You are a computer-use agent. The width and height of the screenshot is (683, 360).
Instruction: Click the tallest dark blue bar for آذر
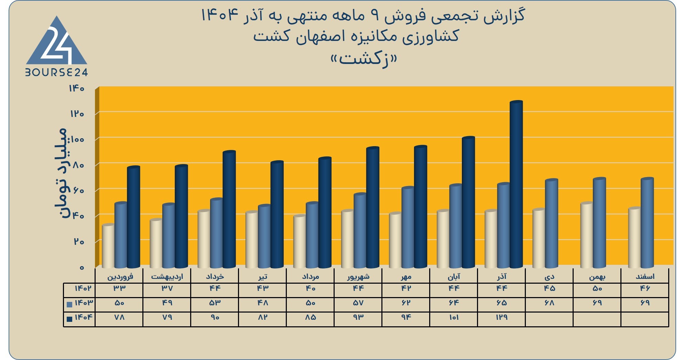pos(516,184)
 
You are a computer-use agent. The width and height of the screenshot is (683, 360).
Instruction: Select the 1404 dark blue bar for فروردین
pos(133,217)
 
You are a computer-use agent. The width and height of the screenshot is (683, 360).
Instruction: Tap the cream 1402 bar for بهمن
pos(586,235)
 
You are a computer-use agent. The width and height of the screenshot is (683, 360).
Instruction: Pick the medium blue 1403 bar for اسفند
pos(647,223)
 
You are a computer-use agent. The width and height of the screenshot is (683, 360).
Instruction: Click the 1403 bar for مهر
pos(408,227)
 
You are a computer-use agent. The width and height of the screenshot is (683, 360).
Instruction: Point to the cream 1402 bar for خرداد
pos(204,239)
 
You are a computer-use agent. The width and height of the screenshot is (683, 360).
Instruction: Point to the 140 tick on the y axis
pos(77,88)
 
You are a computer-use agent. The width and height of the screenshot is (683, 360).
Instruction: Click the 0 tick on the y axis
pos(82,268)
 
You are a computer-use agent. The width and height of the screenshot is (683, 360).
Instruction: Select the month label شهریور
pos(358,276)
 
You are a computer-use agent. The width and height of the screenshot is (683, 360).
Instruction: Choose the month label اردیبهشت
pos(167,276)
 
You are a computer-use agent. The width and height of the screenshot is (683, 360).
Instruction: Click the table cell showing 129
pos(501,317)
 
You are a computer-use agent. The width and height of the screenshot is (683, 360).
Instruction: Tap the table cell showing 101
pos(454,317)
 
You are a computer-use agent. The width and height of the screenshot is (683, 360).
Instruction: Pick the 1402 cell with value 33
pos(119,288)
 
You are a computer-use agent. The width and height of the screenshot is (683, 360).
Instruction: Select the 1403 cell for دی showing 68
pos(549,303)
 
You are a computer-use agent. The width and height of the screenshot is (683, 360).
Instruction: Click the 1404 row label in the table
pos(84,317)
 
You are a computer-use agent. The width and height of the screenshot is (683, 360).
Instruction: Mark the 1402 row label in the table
pos(83,288)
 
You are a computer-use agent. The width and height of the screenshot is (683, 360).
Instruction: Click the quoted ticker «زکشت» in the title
pos(364,59)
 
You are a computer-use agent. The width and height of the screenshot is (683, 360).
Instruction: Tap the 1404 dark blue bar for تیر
pos(277,215)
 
